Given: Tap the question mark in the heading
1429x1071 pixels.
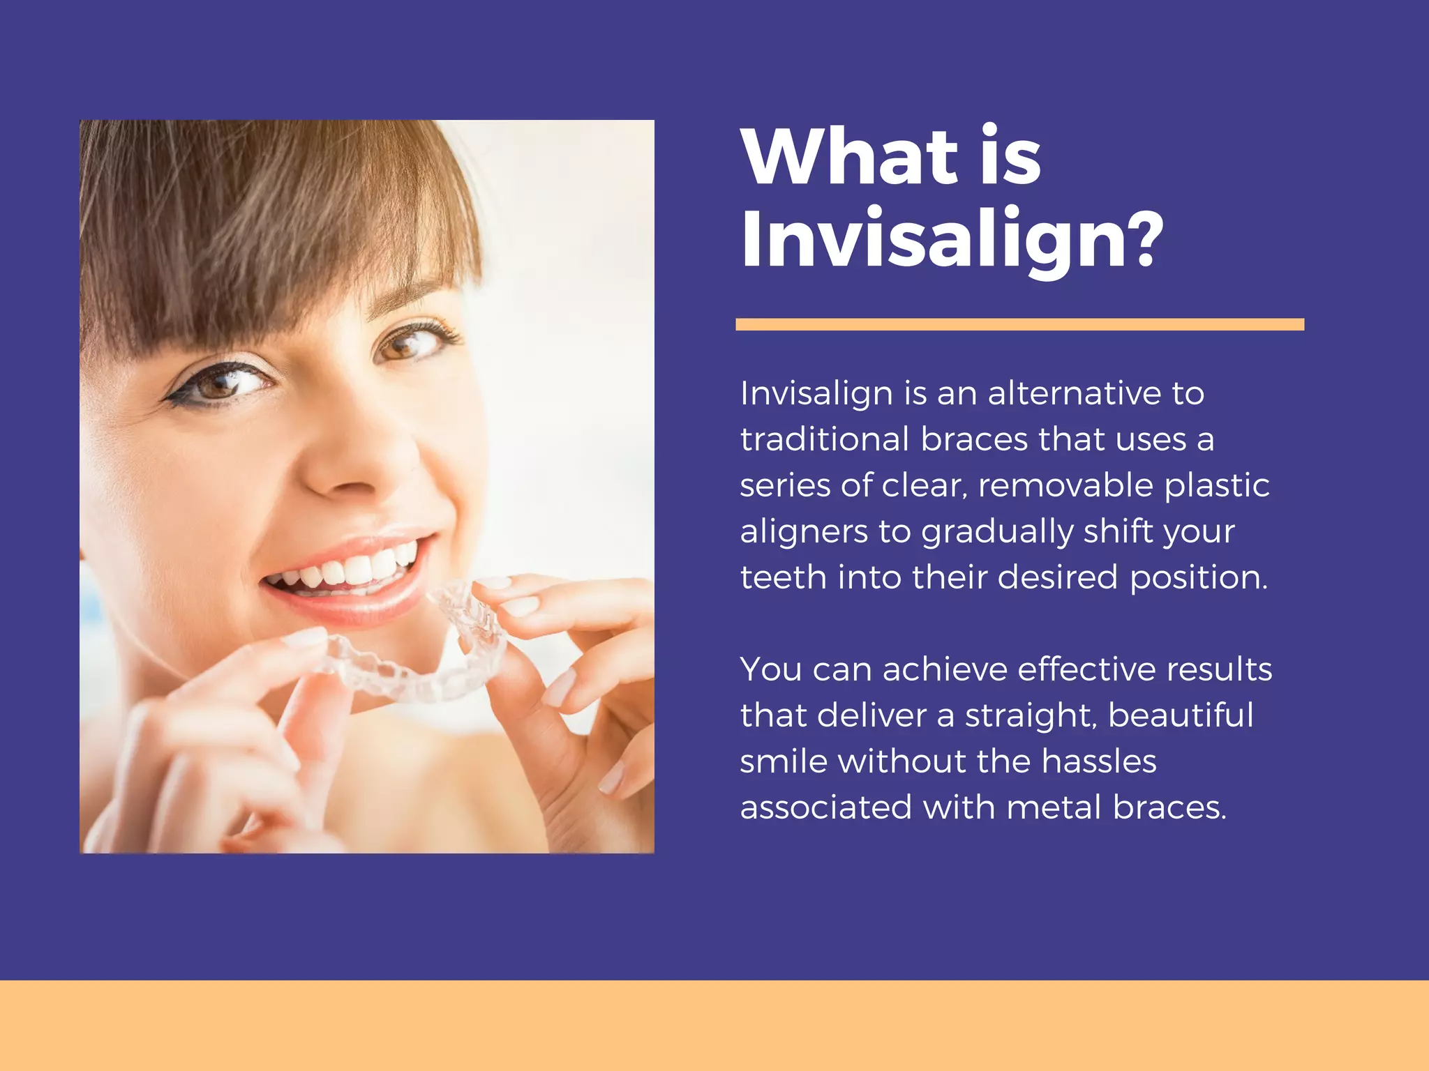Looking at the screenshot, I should point(1142,240).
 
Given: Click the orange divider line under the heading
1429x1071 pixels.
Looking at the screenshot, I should point(1019,324).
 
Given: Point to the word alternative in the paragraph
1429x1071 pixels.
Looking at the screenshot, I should point(1072,393).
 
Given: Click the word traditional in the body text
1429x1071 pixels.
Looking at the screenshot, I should point(825,439).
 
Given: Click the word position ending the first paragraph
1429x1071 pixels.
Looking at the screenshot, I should point(1198,578).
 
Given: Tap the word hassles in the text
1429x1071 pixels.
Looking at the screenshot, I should point(1099,761).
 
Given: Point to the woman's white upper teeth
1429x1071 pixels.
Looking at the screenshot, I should point(356,568).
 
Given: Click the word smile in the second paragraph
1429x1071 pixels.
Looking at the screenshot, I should point(783,761).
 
